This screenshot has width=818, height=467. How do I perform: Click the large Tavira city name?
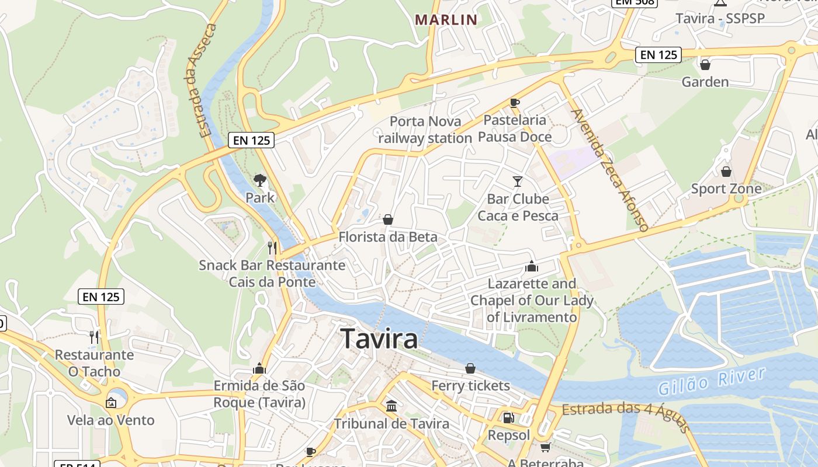pyautogui.click(x=379, y=339)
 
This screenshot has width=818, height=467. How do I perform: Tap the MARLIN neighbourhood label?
pyautogui.click(x=446, y=20)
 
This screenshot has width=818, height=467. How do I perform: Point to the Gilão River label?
pyautogui.click(x=711, y=382)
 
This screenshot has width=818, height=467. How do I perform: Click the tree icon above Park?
pyautogui.click(x=260, y=180)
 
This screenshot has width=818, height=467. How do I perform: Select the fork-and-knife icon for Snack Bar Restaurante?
pyautogui.click(x=272, y=248)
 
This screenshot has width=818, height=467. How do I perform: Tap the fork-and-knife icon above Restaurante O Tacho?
pyautogui.click(x=94, y=337)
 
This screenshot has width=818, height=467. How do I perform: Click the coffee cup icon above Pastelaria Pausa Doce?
pyautogui.click(x=514, y=103)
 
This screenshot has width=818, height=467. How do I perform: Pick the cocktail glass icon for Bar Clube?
pyautogui.click(x=518, y=181)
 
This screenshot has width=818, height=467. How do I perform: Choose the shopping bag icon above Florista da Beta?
pyautogui.click(x=387, y=219)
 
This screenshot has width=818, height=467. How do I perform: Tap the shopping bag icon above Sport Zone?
pyautogui.click(x=726, y=172)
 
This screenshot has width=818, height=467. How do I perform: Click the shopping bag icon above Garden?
pyautogui.click(x=705, y=64)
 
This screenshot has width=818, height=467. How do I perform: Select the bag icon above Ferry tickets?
pyautogui.click(x=470, y=368)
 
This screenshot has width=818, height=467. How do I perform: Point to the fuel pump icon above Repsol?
pyautogui.click(x=508, y=418)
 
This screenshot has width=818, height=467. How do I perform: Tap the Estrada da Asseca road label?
pyautogui.click(x=201, y=81)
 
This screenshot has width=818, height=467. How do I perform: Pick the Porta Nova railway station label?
pyautogui.click(x=425, y=130)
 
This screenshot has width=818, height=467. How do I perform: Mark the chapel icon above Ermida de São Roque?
pyautogui.click(x=259, y=368)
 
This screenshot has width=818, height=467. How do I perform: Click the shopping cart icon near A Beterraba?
pyautogui.click(x=545, y=447)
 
